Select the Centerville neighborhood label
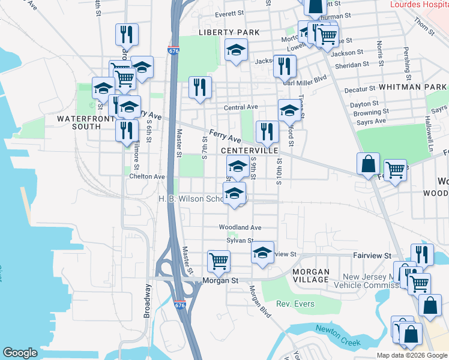coord(247,150)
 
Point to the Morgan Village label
coord(311,275)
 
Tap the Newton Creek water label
coord(339,335)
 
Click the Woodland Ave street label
coord(240,228)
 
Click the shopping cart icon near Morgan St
coord(218,260)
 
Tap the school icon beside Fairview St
coord(262,253)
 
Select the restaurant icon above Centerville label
coord(267,132)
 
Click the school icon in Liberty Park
coord(237,50)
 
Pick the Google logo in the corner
coord(20,353)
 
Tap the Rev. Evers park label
coord(295,304)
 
